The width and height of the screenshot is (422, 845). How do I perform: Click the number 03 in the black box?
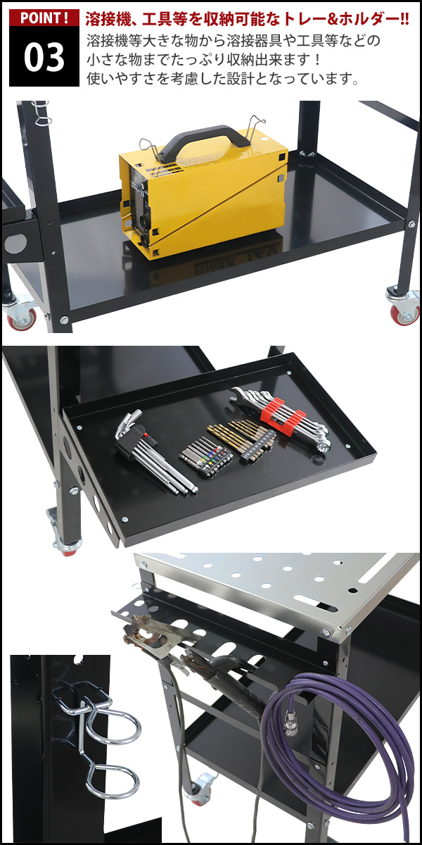point(44,57)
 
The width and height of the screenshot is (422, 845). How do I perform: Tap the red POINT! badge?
point(44,18)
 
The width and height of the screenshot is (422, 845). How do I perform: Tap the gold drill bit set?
point(241,439)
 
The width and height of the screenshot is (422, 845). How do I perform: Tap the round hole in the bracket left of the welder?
point(15,244)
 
